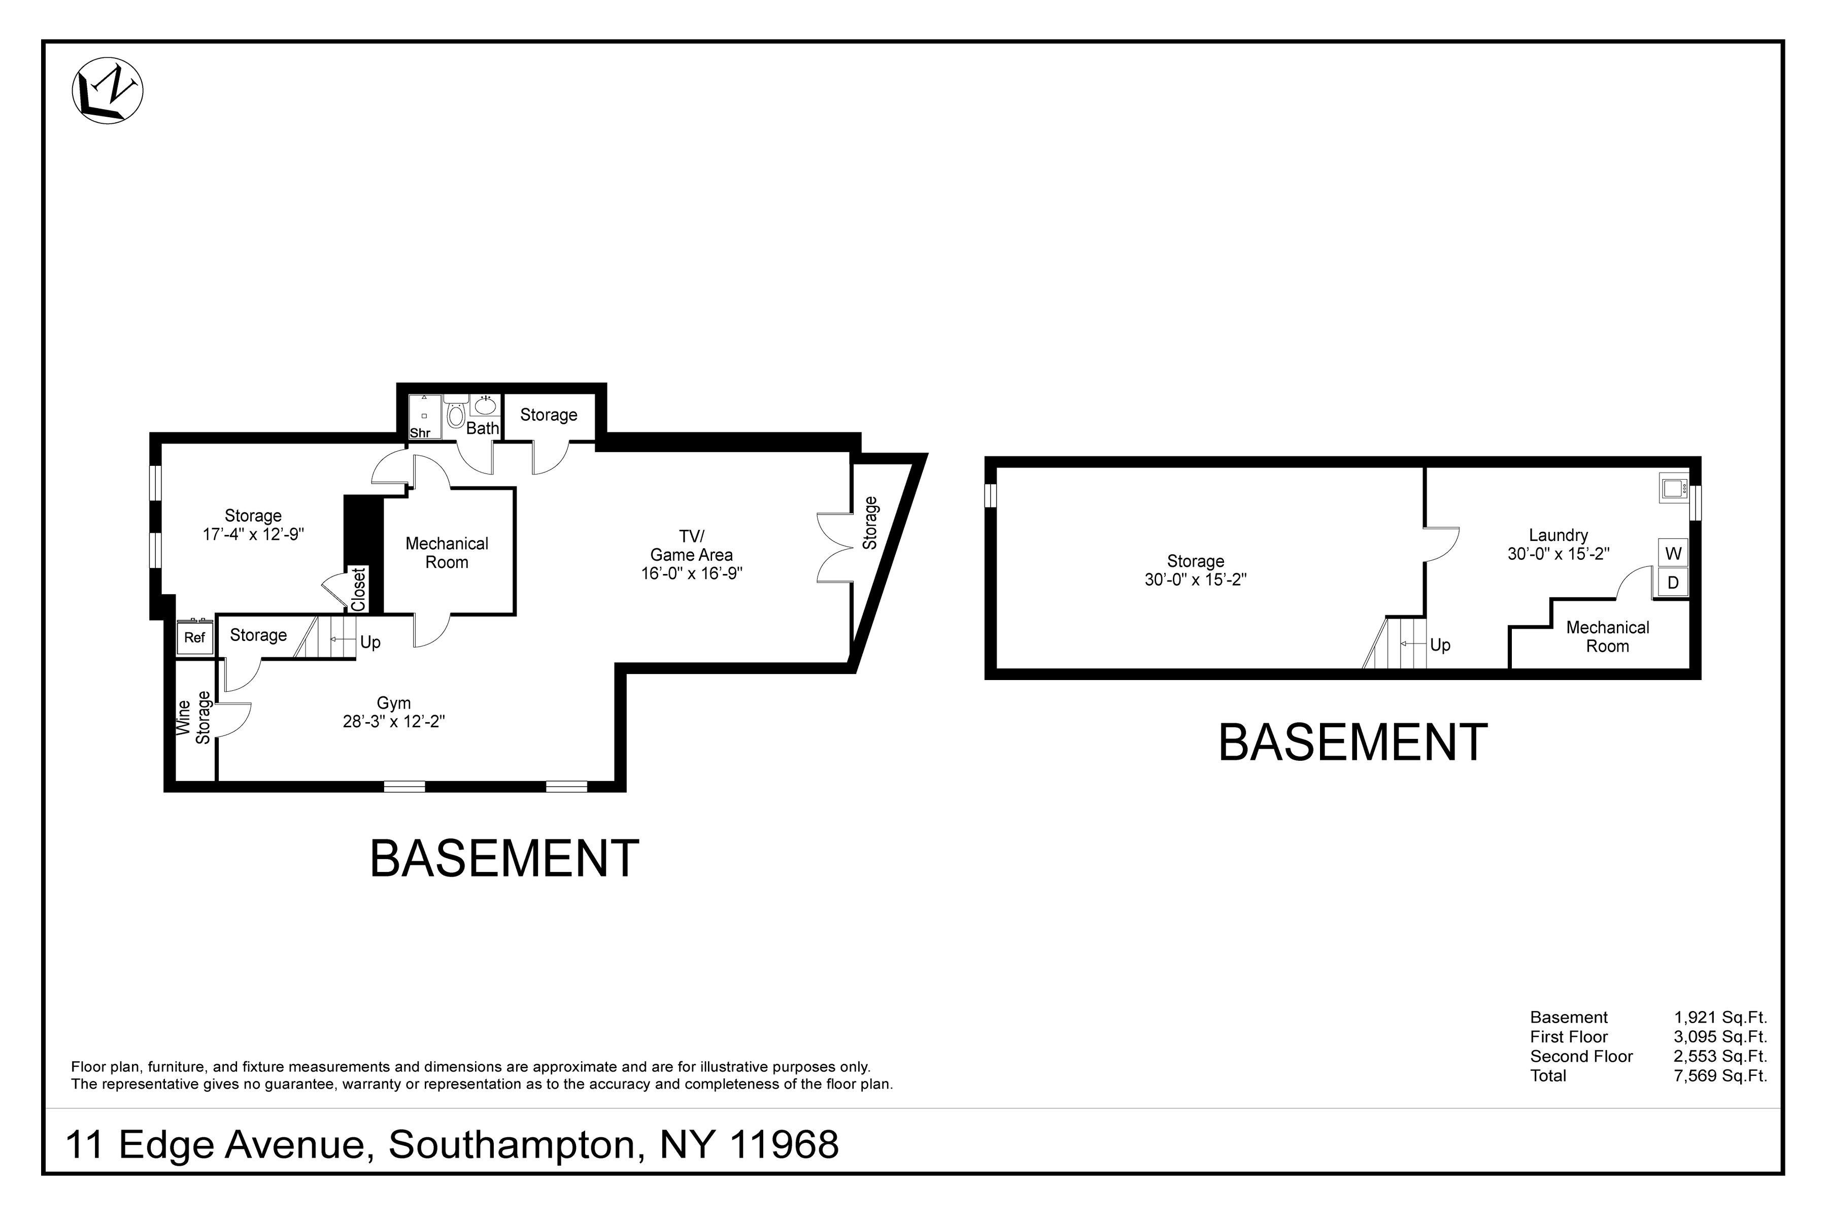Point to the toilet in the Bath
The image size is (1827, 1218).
pos(456,414)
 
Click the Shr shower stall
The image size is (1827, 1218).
pos(424,418)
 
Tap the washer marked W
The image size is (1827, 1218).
pos(1673,553)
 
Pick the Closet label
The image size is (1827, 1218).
pos(358,590)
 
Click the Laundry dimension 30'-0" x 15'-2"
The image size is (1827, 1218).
pos(1558,554)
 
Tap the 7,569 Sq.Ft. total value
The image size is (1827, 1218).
pos(1720,1076)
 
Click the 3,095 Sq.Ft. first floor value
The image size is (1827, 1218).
pos(1720,1037)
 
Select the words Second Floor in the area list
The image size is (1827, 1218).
pos(1581,1057)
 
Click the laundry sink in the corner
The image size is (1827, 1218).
pos(1672,488)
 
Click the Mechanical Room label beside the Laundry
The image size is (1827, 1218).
pos(1607,637)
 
